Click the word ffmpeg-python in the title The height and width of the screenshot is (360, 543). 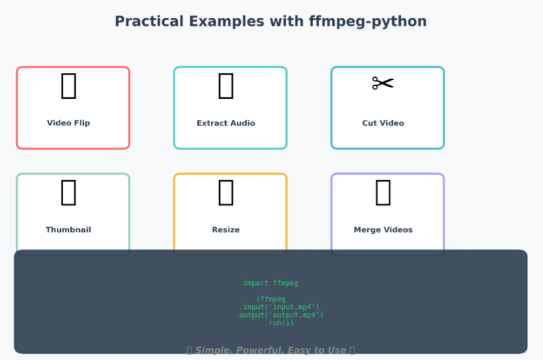click(367, 22)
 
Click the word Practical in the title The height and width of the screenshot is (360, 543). click(149, 22)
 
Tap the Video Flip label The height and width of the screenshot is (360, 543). click(68, 123)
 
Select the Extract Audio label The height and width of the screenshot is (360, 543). click(226, 123)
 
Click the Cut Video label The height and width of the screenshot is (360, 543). click(383, 123)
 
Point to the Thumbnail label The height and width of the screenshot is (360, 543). click(68, 230)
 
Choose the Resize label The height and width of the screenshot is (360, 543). click(226, 230)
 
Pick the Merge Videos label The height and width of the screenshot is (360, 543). click(383, 230)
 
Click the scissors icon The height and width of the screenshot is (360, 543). click(383, 84)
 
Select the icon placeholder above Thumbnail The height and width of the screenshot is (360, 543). click(68, 193)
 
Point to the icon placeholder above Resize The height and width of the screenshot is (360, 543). click(226, 193)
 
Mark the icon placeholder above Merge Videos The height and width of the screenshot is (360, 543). click(383, 193)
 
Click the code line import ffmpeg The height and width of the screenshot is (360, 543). click(270, 283)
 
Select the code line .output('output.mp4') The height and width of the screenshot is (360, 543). click(279, 315)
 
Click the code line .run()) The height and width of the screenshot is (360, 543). click(279, 323)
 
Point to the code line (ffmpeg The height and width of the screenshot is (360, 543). click(270, 299)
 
